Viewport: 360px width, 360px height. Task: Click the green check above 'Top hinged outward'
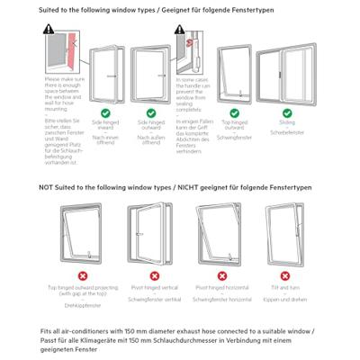point(236,112)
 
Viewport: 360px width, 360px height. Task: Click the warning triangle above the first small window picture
point(49,31)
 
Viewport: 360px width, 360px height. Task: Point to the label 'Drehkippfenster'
point(83,307)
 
